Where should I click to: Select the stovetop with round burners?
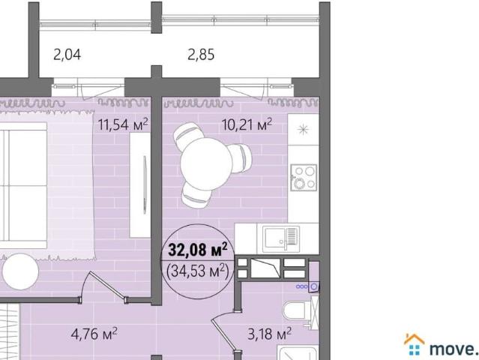tap(304, 178)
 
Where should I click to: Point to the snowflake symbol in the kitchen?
tap(303, 128)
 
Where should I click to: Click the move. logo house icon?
tap(414, 344)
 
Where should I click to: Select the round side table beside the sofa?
tap(18, 271)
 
